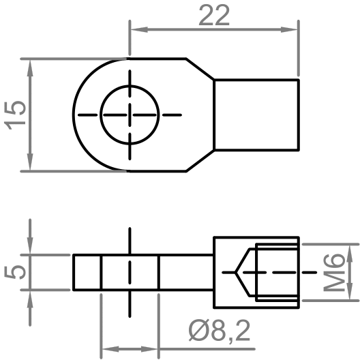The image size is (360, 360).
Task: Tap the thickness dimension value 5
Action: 18,271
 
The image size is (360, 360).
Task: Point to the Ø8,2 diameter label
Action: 220,333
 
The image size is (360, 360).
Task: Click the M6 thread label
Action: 334,271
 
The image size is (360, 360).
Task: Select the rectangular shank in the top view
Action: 256,115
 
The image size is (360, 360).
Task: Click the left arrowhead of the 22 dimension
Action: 136,29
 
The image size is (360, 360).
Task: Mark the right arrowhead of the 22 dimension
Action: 292,29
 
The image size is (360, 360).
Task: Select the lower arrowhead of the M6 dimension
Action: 349,295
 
